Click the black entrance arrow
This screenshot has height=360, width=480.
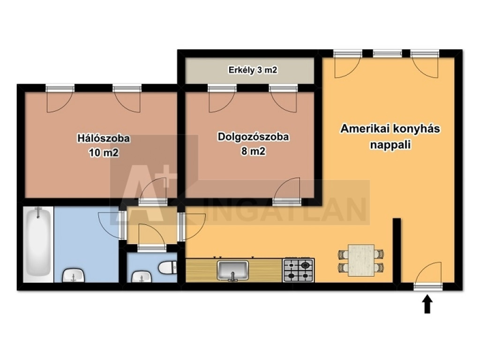pos(427,304)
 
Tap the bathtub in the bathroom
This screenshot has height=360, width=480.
pos(38,244)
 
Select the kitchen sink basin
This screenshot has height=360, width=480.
pos(232,270)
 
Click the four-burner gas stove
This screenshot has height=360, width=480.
pos(299,270)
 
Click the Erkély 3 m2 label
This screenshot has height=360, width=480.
pos(253,70)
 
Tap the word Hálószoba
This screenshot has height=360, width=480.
pos(104,138)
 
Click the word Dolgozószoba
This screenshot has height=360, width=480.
pos(253,136)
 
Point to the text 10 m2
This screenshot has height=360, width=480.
pos(104,152)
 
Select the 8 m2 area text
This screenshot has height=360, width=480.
pos(253,151)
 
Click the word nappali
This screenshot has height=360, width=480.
pos(390,144)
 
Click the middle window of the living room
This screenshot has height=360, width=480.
pos(387,53)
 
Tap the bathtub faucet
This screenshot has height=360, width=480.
pos(38,212)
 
